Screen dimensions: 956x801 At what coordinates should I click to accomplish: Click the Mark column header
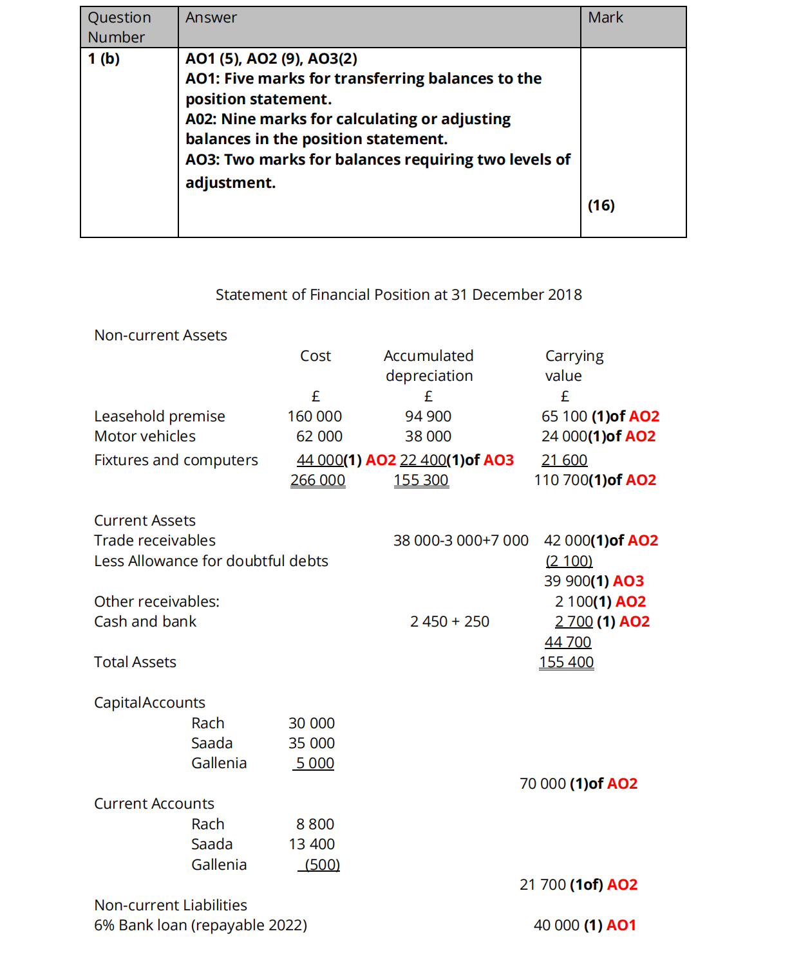(x=605, y=17)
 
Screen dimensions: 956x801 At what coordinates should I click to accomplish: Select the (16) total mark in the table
(x=601, y=205)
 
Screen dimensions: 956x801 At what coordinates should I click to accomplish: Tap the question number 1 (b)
(x=104, y=59)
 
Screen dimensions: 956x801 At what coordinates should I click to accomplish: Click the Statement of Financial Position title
(x=399, y=295)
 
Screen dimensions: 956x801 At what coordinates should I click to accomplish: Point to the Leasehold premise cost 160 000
(x=315, y=416)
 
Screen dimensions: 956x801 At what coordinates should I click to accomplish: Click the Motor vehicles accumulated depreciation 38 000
(x=428, y=436)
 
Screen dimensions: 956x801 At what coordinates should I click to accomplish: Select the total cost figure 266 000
(x=318, y=480)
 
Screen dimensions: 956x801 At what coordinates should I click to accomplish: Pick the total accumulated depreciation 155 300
(x=421, y=480)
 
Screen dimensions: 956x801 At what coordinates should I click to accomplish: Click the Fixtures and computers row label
(x=176, y=460)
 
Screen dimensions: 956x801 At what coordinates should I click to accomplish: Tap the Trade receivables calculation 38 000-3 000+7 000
(x=461, y=540)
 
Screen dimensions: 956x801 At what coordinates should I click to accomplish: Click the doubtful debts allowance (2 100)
(x=569, y=561)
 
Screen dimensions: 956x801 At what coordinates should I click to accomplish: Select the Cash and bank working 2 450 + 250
(x=449, y=621)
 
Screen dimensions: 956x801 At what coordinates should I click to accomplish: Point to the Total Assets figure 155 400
(x=567, y=662)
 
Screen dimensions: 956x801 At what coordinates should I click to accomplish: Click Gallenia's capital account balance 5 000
(x=315, y=763)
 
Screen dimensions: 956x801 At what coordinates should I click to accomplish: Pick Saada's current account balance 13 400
(x=312, y=844)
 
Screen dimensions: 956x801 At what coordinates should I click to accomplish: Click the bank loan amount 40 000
(x=557, y=925)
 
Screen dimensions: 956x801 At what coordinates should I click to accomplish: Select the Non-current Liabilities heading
(x=171, y=905)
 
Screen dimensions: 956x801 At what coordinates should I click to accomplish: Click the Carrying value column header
(x=574, y=365)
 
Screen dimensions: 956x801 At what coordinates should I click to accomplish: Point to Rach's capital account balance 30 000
(x=312, y=723)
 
